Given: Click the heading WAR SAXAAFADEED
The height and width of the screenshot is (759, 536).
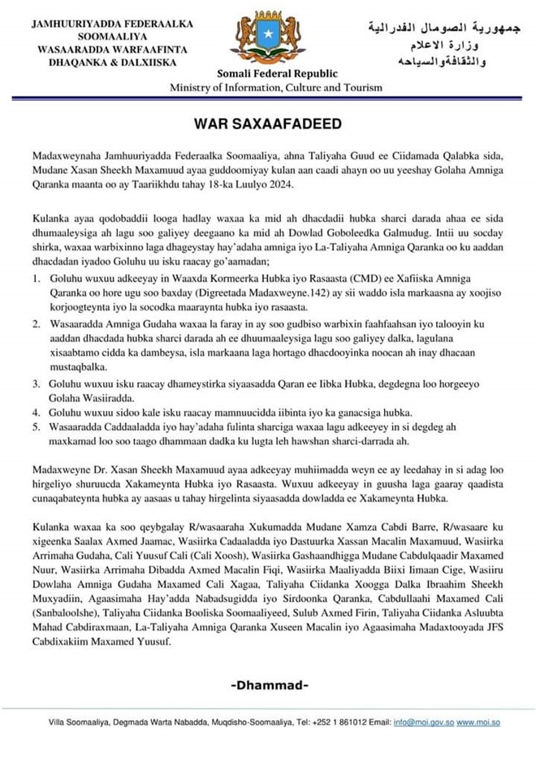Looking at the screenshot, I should [x=267, y=124].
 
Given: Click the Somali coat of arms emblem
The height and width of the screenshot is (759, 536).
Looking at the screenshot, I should [x=267, y=38].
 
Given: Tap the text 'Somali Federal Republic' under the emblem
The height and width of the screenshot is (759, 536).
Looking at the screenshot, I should [x=267, y=74].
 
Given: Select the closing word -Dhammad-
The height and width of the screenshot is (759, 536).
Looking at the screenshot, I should [x=270, y=685].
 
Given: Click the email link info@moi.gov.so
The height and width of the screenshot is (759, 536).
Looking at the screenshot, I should [x=425, y=722].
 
